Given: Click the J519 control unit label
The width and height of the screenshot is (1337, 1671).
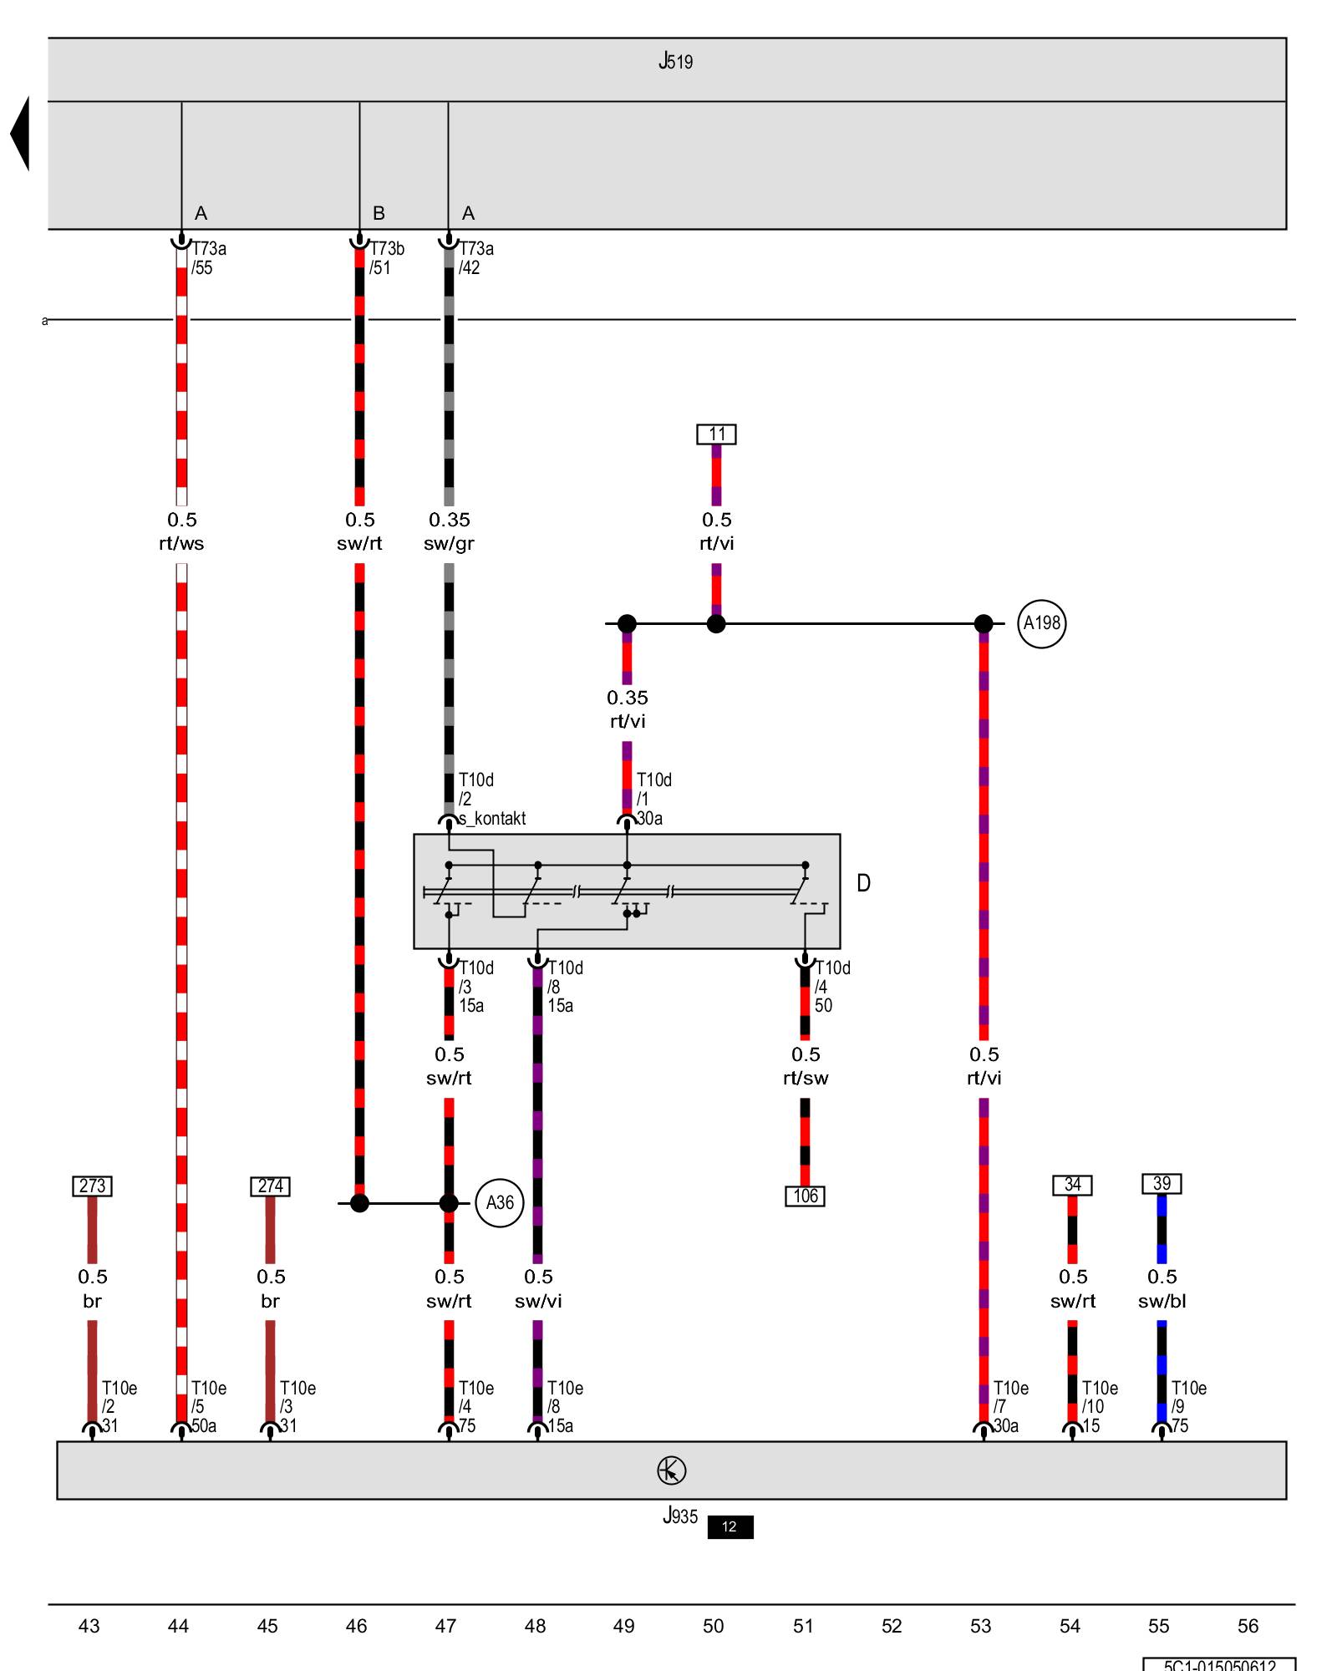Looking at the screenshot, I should pyautogui.click(x=675, y=61).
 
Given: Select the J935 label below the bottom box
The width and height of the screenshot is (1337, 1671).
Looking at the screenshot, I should pyautogui.click(x=679, y=1516).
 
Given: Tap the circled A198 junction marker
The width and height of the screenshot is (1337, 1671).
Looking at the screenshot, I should pyautogui.click(x=1041, y=623).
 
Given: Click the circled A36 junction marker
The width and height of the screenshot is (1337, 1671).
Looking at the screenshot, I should pyautogui.click(x=500, y=1203).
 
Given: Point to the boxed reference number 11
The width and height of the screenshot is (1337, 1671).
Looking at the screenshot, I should pyautogui.click(x=716, y=434).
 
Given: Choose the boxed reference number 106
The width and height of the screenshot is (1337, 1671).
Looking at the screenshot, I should pyautogui.click(x=805, y=1196).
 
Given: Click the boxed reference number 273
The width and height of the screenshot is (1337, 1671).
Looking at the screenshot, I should pyautogui.click(x=92, y=1186).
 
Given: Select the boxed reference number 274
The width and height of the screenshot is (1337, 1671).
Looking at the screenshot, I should pyautogui.click(x=270, y=1186).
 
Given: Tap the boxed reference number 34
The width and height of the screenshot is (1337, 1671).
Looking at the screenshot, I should pyautogui.click(x=1072, y=1185).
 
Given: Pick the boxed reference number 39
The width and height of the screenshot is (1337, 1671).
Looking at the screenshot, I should pyautogui.click(x=1162, y=1184).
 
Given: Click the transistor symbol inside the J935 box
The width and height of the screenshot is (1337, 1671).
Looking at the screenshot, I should pyautogui.click(x=671, y=1470).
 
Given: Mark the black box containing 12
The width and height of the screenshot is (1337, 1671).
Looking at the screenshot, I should pyautogui.click(x=730, y=1527).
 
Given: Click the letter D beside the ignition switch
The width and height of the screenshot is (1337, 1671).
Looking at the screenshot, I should pyautogui.click(x=863, y=883).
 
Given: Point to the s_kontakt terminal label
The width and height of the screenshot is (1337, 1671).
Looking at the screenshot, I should pyautogui.click(x=493, y=819).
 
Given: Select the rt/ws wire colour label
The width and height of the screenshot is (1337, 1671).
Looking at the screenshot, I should pyautogui.click(x=181, y=544).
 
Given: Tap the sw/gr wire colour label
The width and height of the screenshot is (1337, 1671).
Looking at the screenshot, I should pyautogui.click(x=449, y=544).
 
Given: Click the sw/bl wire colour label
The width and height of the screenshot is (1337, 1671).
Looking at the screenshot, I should pyautogui.click(x=1162, y=1302).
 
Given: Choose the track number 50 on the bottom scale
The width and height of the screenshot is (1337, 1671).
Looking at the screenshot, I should pyautogui.click(x=713, y=1626).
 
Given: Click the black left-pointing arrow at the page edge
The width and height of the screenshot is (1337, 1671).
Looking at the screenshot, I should pyautogui.click(x=20, y=134).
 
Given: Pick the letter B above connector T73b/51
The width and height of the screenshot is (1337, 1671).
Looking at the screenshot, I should pyautogui.click(x=379, y=214).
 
